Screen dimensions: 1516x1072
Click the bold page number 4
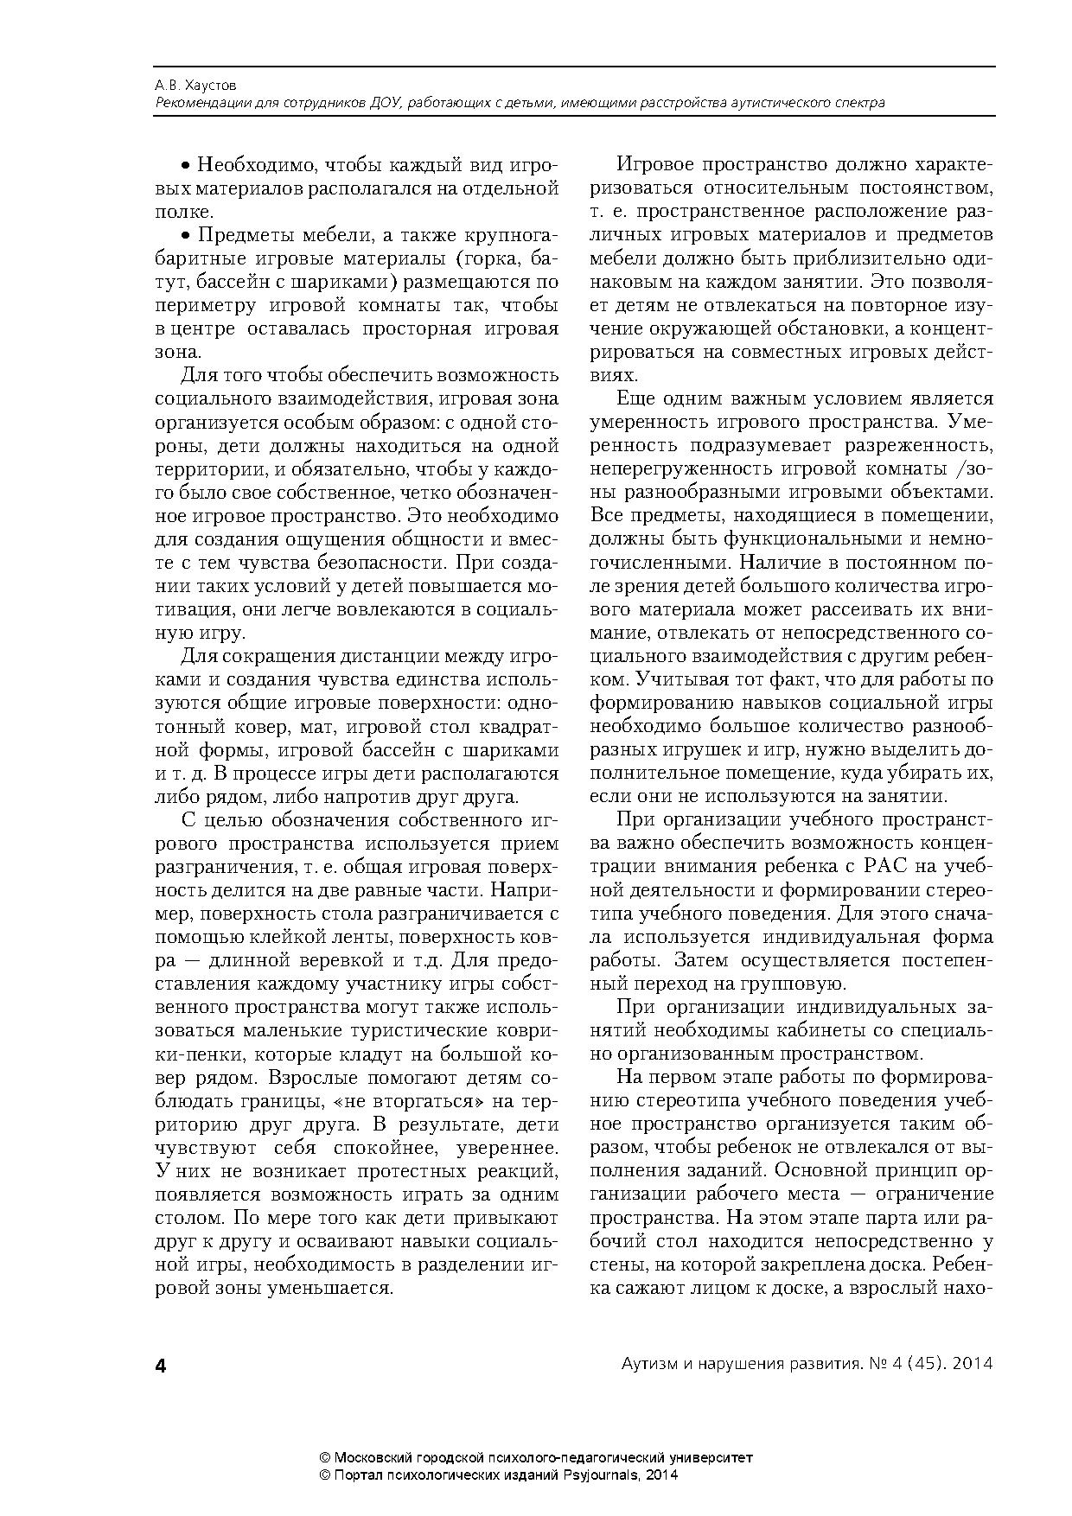coord(160,1365)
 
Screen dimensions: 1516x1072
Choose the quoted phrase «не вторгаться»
coord(410,1101)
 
